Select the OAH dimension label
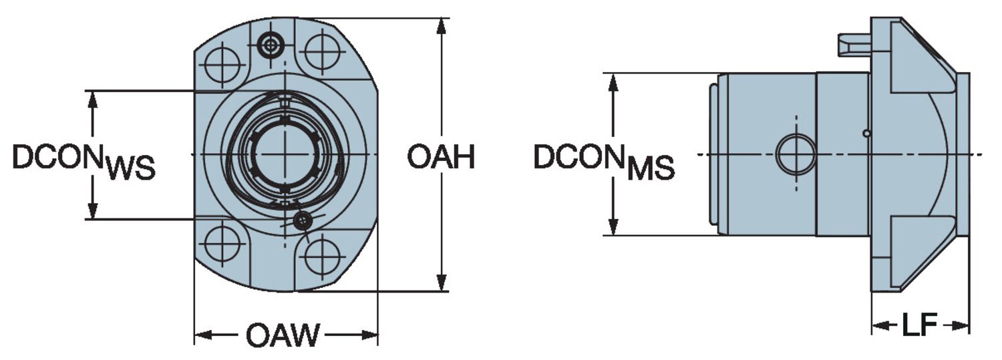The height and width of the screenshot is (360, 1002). [x=441, y=158]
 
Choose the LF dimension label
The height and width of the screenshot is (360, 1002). [x=920, y=326]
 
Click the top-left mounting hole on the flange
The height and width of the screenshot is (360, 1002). [x=222, y=65]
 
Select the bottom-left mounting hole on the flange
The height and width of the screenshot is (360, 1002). [x=223, y=243]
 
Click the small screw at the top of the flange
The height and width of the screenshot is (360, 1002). [x=270, y=45]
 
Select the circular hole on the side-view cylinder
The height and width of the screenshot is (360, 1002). [x=796, y=154]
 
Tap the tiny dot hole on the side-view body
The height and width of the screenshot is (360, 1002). [x=866, y=134]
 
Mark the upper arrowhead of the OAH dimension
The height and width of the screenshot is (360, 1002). [x=441, y=27]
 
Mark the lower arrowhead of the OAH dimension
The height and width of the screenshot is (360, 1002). [x=441, y=283]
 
